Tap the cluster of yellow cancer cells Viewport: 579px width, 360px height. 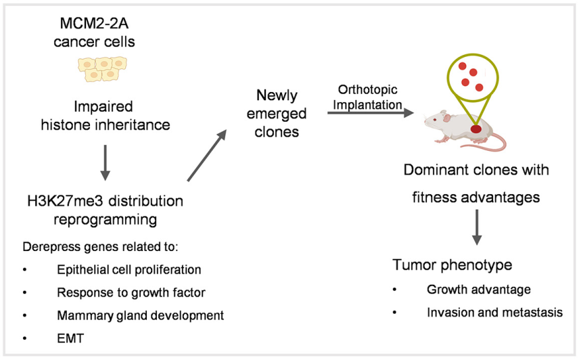tap(103, 68)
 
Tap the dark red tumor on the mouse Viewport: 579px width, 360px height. tap(476, 129)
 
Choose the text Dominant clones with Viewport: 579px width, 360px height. tap(476, 170)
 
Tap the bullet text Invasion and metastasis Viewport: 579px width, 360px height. tap(494, 313)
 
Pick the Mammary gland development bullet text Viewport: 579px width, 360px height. tap(140, 315)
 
